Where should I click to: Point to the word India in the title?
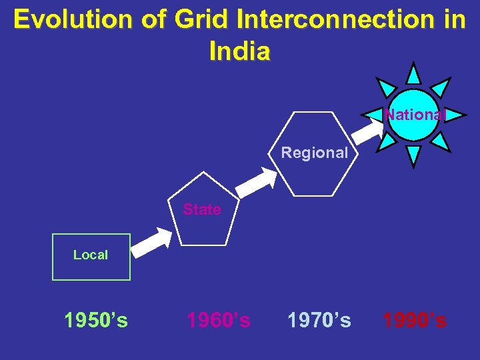pos(239,51)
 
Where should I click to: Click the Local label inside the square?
pos(91,255)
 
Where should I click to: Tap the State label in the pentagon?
pos(202,209)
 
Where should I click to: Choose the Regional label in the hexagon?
pos(314,153)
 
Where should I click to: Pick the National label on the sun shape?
pos(414,115)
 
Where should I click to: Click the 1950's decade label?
pos(96,321)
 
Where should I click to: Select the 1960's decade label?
pos(219,321)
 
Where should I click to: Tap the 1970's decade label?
pos(319,321)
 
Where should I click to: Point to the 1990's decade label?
pos(414,321)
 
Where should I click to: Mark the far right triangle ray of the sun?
pos(455,114)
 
